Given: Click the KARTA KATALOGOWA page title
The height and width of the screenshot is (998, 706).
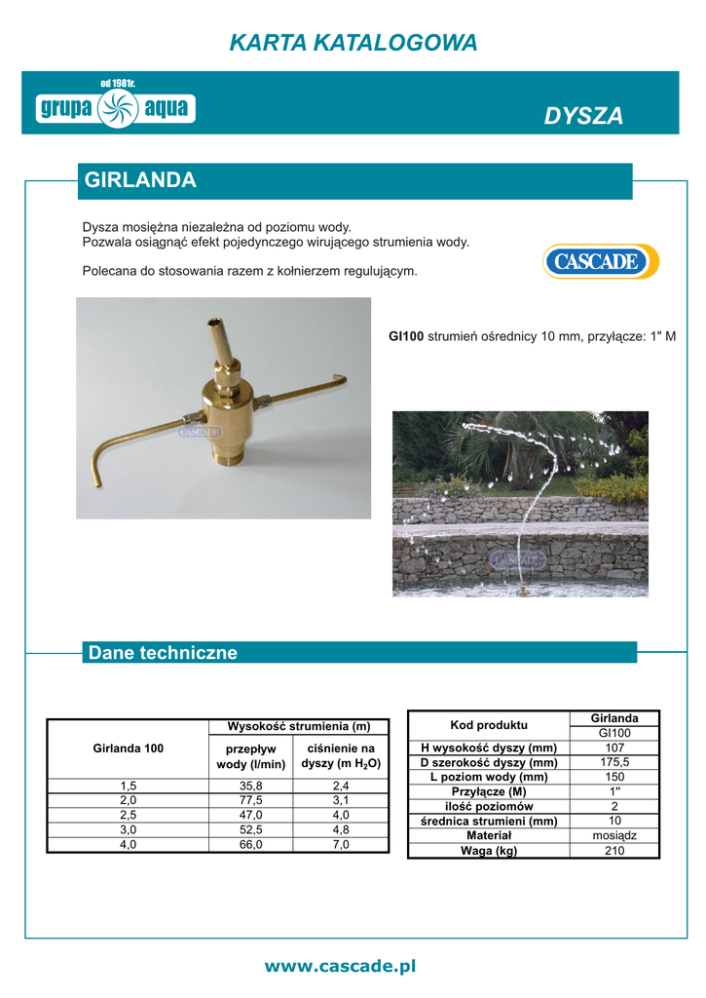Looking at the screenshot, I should [353, 43].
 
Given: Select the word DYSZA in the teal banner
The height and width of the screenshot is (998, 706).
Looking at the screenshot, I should [583, 117].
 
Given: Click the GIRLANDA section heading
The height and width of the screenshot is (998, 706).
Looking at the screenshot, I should [141, 180].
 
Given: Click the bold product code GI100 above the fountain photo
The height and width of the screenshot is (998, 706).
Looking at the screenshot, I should [406, 336].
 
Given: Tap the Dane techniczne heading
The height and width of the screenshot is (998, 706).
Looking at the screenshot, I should [163, 653].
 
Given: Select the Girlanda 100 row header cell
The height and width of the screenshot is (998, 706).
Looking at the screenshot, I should [129, 748].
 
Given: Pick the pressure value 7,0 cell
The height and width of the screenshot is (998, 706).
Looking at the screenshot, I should [341, 846].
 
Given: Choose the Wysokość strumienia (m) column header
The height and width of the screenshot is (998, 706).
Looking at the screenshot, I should [299, 726].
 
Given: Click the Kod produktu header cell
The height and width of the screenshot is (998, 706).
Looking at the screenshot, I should [488, 725].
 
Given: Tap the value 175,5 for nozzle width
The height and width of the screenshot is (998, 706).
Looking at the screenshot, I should [614, 762].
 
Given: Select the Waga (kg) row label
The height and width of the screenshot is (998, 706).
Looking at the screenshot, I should [488, 850].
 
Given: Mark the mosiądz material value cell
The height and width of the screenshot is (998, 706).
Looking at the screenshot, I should [614, 835].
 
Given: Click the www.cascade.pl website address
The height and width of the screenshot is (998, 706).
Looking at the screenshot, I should [340, 966].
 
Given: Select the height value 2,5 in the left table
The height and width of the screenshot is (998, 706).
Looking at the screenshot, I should [129, 816].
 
